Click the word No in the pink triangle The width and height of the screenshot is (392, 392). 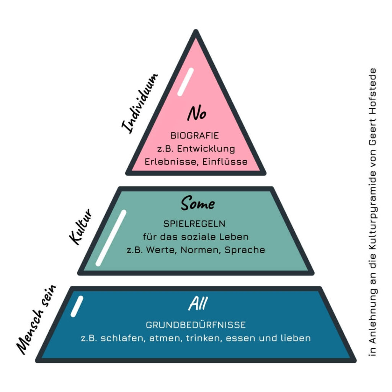pyautogui.click(x=196, y=114)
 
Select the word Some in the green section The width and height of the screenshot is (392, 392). pyautogui.click(x=198, y=203)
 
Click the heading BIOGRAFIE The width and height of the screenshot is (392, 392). pyautogui.click(x=194, y=136)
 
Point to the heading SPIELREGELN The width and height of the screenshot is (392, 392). pyautogui.click(x=194, y=223)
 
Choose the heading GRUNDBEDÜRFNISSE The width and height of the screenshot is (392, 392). pyautogui.click(x=196, y=325)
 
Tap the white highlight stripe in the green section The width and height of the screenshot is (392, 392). pyautogui.click(x=111, y=238)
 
